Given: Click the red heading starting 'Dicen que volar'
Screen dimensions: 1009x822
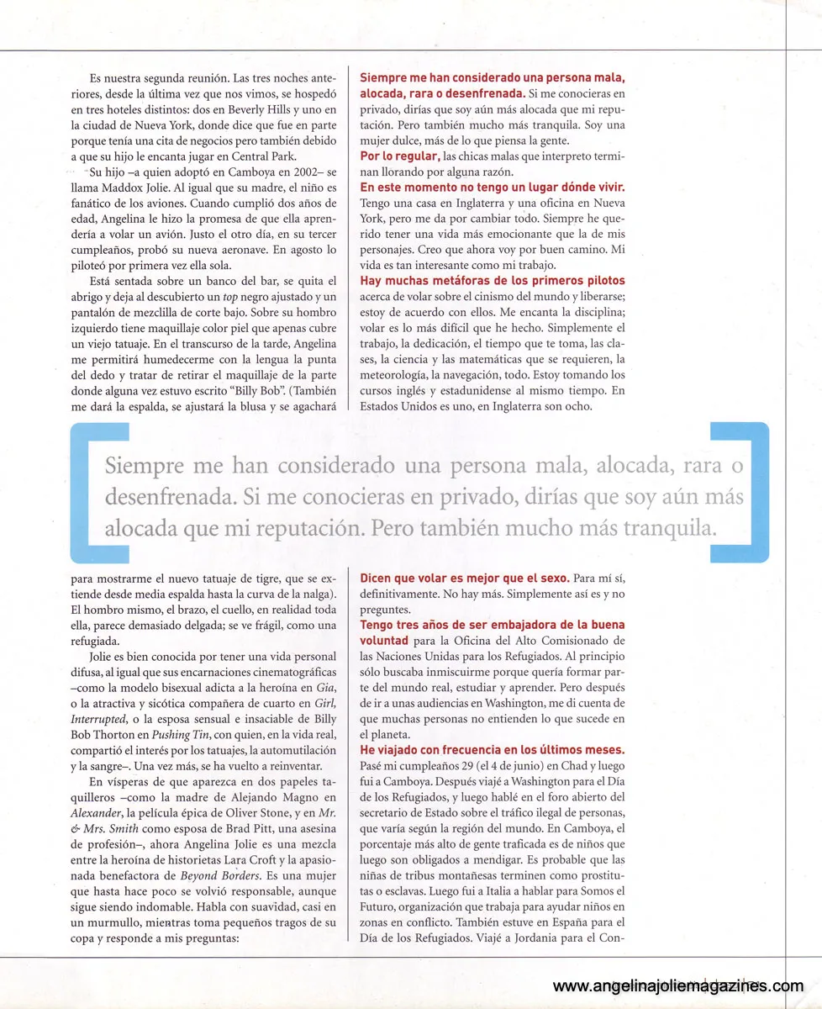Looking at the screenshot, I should click(x=465, y=578).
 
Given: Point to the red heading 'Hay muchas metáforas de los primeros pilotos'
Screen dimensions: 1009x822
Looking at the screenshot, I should click(x=492, y=280).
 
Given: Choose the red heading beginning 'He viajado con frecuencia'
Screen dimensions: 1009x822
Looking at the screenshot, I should click(x=492, y=749).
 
